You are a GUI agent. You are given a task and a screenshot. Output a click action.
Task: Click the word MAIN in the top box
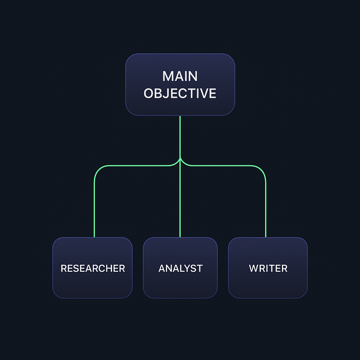(180, 76)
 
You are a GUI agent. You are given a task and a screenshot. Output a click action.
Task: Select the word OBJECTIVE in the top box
(180, 94)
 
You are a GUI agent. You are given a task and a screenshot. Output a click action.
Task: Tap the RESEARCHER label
(93, 268)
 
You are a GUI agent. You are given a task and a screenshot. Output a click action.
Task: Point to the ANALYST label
(180, 268)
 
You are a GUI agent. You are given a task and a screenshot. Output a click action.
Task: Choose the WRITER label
(268, 268)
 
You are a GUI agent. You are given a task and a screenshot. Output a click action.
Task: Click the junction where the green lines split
(180, 160)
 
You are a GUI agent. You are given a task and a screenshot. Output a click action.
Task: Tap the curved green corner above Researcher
(97, 169)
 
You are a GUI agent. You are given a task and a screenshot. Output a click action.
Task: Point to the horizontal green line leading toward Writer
(225, 166)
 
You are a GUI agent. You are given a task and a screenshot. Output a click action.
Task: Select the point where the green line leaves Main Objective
(180, 117)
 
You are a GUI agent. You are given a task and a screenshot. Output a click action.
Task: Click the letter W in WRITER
(253, 268)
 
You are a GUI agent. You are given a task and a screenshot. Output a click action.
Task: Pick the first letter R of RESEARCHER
(64, 268)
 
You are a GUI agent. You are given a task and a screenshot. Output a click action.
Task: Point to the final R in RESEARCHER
(122, 268)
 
